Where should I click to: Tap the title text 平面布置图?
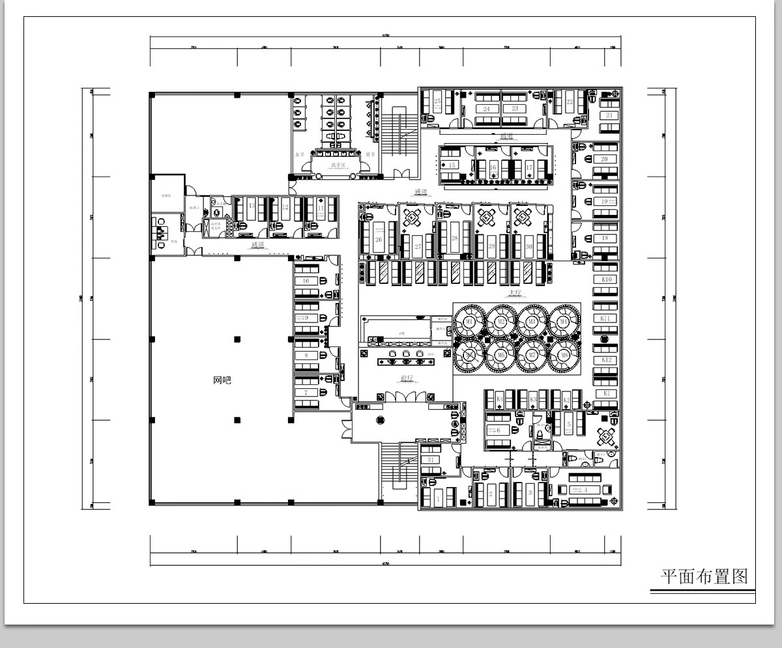(x=703, y=576)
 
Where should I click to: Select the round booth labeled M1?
(x=468, y=322)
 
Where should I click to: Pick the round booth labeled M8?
(x=564, y=356)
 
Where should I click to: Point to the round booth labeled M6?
(x=500, y=356)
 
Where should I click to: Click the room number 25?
(x=437, y=102)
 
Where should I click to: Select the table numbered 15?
(x=452, y=166)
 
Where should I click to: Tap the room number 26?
(x=379, y=240)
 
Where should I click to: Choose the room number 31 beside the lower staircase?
(x=431, y=460)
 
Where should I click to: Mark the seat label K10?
(x=606, y=279)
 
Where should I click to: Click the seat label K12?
(x=606, y=360)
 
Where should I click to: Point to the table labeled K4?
(x=499, y=399)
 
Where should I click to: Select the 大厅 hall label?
(x=515, y=294)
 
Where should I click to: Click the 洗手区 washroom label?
(x=337, y=165)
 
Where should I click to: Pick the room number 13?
(x=252, y=206)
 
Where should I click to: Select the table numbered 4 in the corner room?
(x=586, y=489)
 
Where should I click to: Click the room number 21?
(x=609, y=115)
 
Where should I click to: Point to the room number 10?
(x=306, y=281)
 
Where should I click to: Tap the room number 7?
(x=306, y=393)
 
